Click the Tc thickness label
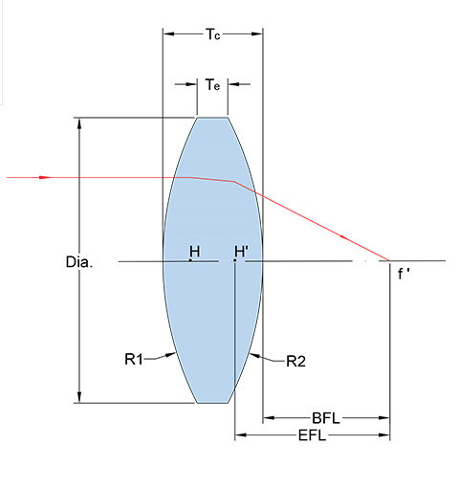pos(212,34)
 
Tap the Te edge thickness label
pos(212,85)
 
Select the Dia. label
pos(79,262)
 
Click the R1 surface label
pos(134,360)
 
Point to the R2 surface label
pos(295,362)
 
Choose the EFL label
pos(312,435)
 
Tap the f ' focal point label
pos(404,274)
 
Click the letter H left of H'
pos(195,252)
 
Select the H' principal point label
pos(241,252)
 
